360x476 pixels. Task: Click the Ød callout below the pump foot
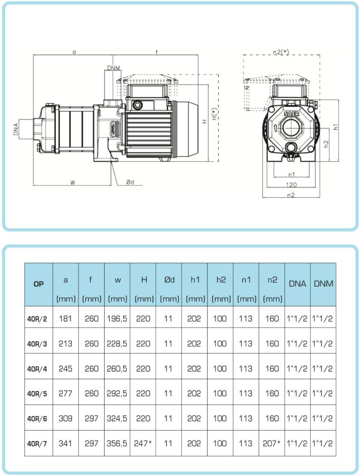coord(130,182)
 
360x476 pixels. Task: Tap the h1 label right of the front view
coord(336,127)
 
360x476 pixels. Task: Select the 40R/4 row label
coord(39,368)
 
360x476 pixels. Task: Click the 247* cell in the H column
coord(144,443)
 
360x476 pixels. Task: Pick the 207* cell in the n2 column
coord(272,443)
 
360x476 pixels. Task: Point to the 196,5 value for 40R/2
coord(117,318)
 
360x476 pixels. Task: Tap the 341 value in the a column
coord(66,443)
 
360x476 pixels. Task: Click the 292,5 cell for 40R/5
coord(117,394)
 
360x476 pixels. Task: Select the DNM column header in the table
coord(323,284)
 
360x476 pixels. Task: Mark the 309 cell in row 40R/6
coord(66,418)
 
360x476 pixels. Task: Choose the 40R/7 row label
coord(39,443)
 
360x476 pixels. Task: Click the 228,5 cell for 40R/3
coord(117,343)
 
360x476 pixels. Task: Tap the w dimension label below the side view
coord(73,182)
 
